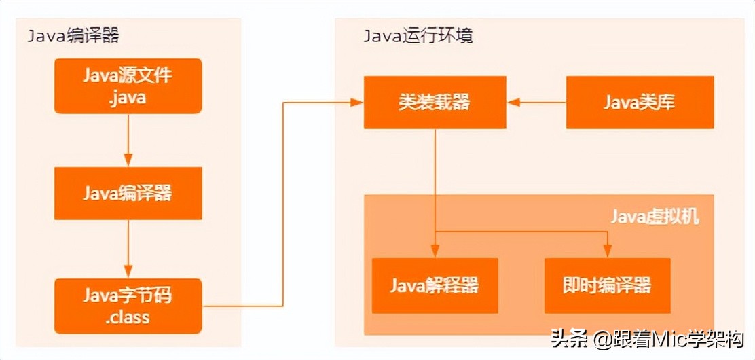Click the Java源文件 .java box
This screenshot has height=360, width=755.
click(x=128, y=86)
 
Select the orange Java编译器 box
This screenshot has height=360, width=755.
click(x=128, y=193)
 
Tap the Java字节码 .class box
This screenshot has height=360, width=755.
click(x=128, y=306)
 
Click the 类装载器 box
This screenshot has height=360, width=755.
click(x=435, y=103)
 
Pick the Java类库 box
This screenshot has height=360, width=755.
click(x=640, y=103)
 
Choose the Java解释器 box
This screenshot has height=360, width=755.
click(x=435, y=285)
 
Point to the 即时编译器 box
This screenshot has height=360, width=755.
click(x=607, y=285)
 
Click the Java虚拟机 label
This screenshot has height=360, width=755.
click(x=654, y=217)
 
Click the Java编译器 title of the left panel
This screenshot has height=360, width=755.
click(x=73, y=35)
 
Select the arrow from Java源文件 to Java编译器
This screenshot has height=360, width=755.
click(x=128, y=140)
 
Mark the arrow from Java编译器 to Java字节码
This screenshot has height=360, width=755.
click(x=128, y=249)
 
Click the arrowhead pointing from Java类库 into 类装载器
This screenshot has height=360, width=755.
click(x=513, y=103)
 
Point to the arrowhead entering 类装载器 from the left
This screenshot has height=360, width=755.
click(x=357, y=103)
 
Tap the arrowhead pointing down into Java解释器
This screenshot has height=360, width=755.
click(x=435, y=252)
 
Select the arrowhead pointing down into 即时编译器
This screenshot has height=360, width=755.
click(x=607, y=252)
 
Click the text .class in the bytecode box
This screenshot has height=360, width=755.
click(x=128, y=317)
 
